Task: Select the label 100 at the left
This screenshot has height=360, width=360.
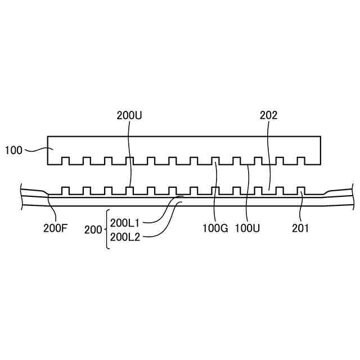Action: pyautogui.click(x=13, y=150)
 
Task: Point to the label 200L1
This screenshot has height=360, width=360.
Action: pyautogui.click(x=125, y=222)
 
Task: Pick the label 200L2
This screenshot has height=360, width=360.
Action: pyautogui.click(x=125, y=237)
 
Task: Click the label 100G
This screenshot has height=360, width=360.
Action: pyautogui.click(x=215, y=229)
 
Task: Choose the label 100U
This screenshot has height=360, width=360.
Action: pyautogui.click(x=246, y=229)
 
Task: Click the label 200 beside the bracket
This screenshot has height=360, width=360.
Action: pyautogui.click(x=93, y=229)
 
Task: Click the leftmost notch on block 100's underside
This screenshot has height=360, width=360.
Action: pyautogui.click(x=65, y=161)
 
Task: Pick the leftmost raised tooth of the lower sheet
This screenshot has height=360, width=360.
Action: pyautogui.click(x=65, y=190)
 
